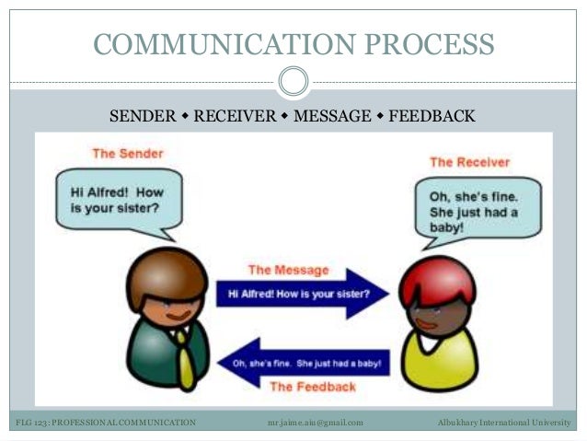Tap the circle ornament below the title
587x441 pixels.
click(x=293, y=82)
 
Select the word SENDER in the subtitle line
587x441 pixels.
click(x=143, y=117)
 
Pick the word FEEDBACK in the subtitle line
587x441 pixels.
click(x=432, y=117)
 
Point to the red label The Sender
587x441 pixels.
click(x=127, y=153)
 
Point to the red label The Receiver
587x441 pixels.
click(x=469, y=162)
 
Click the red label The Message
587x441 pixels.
click(x=288, y=271)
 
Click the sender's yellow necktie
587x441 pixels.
click(x=185, y=354)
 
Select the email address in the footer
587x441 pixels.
click(x=315, y=423)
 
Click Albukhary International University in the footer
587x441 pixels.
click(x=503, y=423)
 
